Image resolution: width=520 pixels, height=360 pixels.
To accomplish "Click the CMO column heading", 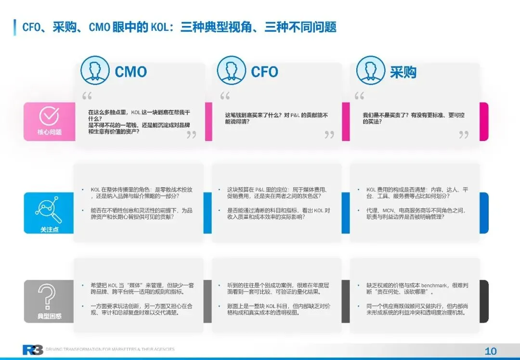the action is point(130,72).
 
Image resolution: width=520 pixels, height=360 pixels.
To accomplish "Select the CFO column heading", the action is point(264,72).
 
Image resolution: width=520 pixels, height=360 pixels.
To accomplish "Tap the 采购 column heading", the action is point(403,72).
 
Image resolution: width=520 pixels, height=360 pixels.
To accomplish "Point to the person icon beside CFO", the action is point(232,71).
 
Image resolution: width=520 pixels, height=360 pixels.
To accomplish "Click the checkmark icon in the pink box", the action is point(49,116).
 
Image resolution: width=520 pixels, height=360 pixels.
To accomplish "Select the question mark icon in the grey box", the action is point(49,297).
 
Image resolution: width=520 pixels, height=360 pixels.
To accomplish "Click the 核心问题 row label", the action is point(49,132).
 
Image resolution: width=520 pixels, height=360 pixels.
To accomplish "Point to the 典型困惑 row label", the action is point(49,316).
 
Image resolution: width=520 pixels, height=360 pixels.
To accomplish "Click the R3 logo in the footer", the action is point(33,350).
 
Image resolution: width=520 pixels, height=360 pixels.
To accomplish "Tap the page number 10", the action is point(491,351).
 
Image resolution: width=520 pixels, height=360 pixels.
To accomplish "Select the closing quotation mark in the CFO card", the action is point(329,135).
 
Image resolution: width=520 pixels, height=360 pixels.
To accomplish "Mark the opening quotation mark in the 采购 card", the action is point(359,96).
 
